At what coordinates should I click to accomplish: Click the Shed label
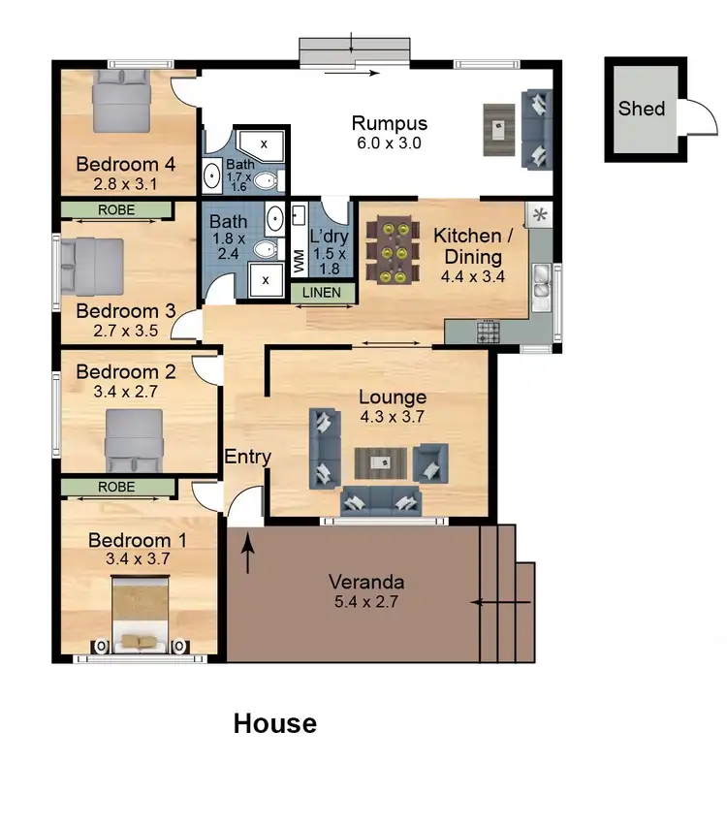click(x=642, y=108)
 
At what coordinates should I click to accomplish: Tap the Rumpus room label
click(x=389, y=123)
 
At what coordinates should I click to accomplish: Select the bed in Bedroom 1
click(x=142, y=614)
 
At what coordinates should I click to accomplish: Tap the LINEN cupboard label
click(x=321, y=292)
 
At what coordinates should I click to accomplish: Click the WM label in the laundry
click(x=299, y=260)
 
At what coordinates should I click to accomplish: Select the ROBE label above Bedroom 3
click(x=116, y=209)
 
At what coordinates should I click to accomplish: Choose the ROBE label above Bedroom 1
click(x=116, y=487)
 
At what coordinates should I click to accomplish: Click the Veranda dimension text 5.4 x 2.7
click(x=365, y=601)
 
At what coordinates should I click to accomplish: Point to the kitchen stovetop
click(x=487, y=333)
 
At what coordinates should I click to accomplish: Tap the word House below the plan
click(x=274, y=723)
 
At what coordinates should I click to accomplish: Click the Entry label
click(x=247, y=458)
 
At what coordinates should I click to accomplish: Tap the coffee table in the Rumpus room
click(x=497, y=128)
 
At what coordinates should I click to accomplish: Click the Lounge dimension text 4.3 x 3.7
click(x=392, y=417)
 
